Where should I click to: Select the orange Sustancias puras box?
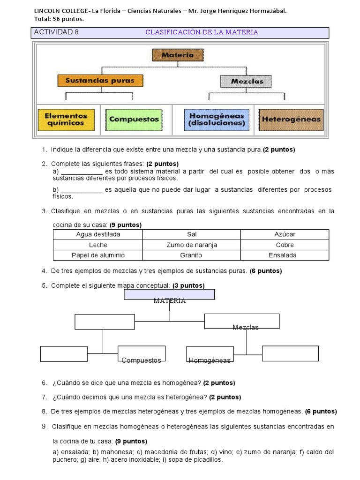pos(99,80)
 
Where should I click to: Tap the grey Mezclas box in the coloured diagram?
pos(247,81)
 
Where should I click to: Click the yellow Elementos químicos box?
pos(65,119)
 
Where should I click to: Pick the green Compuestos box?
pos(134,119)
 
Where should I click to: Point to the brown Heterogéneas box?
pos(291,119)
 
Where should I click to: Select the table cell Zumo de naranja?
pos(192,245)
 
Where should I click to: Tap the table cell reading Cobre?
pos(285,245)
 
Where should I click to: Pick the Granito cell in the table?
pos(191,255)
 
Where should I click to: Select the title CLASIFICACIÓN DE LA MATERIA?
pos(202,32)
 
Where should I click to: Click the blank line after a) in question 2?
pos(82,172)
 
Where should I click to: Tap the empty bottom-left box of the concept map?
pos(64,354)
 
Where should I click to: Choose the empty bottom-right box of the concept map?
pos(291,353)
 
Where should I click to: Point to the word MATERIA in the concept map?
pos(170,301)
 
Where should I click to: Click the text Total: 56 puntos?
pos(59,19)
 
